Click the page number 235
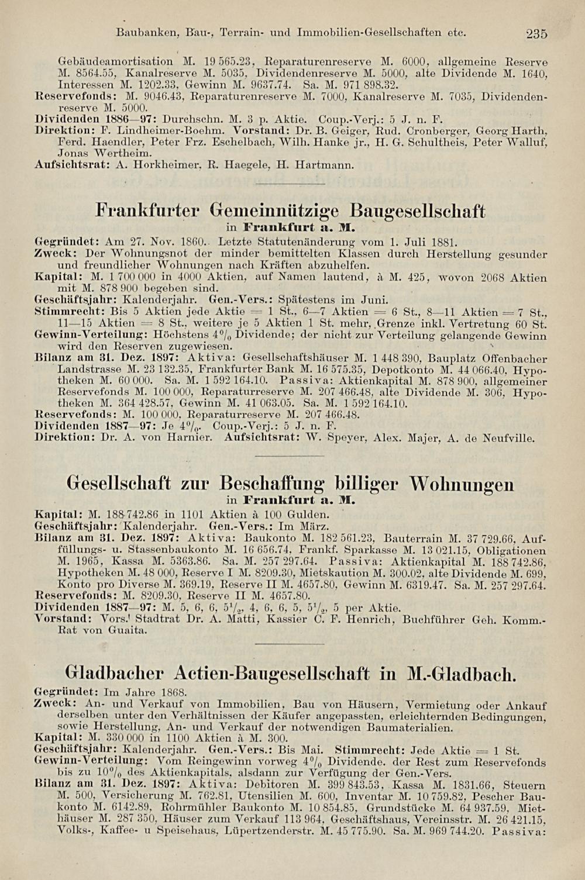click(x=536, y=34)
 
